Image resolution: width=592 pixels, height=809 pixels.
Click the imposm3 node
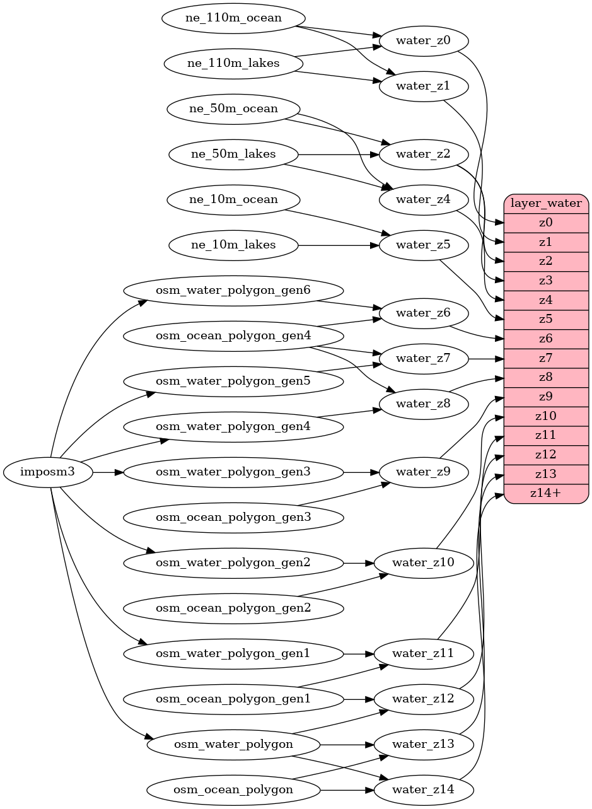point(48,472)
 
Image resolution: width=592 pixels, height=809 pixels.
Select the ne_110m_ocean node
point(233,18)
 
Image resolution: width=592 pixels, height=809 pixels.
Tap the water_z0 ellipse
point(423,41)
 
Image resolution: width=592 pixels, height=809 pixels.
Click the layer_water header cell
point(546,204)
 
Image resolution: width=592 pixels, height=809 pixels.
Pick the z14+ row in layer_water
point(546,494)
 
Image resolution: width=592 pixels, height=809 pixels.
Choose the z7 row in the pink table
point(546,358)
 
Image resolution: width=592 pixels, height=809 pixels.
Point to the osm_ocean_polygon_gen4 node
point(233,336)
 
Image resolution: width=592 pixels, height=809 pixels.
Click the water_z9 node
point(423,472)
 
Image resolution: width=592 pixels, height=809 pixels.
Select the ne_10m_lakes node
point(233,245)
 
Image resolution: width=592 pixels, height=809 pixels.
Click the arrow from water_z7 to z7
point(485,359)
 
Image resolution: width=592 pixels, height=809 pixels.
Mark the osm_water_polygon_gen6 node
point(233,291)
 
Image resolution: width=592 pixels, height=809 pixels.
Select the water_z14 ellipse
point(423,789)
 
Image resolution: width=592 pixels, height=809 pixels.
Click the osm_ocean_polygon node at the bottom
point(233,789)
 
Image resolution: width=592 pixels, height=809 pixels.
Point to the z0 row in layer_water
point(546,223)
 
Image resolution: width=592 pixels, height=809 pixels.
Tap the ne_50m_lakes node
point(233,154)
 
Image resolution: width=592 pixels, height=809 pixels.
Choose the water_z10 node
point(423,562)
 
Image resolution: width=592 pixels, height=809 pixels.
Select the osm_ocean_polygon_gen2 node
point(233,608)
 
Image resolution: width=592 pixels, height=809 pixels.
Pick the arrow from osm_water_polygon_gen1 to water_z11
point(359,653)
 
